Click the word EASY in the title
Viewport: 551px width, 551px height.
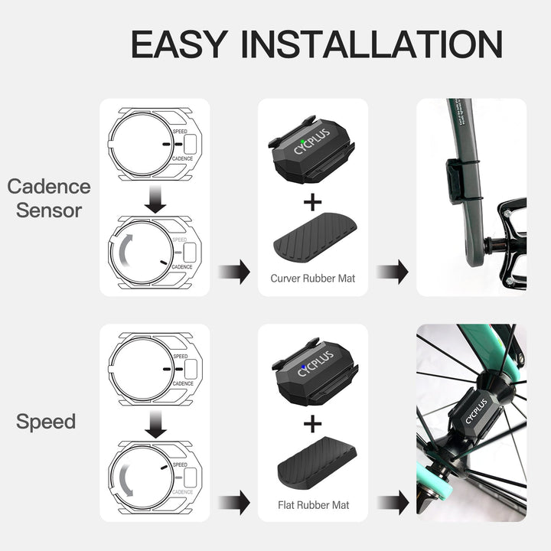pyautogui.click(x=178, y=44)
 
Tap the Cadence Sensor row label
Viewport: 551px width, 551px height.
pyautogui.click(x=49, y=198)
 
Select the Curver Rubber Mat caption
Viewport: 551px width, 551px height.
pyautogui.click(x=312, y=279)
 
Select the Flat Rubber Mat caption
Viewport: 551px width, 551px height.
pyautogui.click(x=312, y=505)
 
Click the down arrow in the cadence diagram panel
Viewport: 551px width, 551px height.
pyautogui.click(x=155, y=201)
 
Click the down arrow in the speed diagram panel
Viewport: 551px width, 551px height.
pyautogui.click(x=155, y=425)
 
